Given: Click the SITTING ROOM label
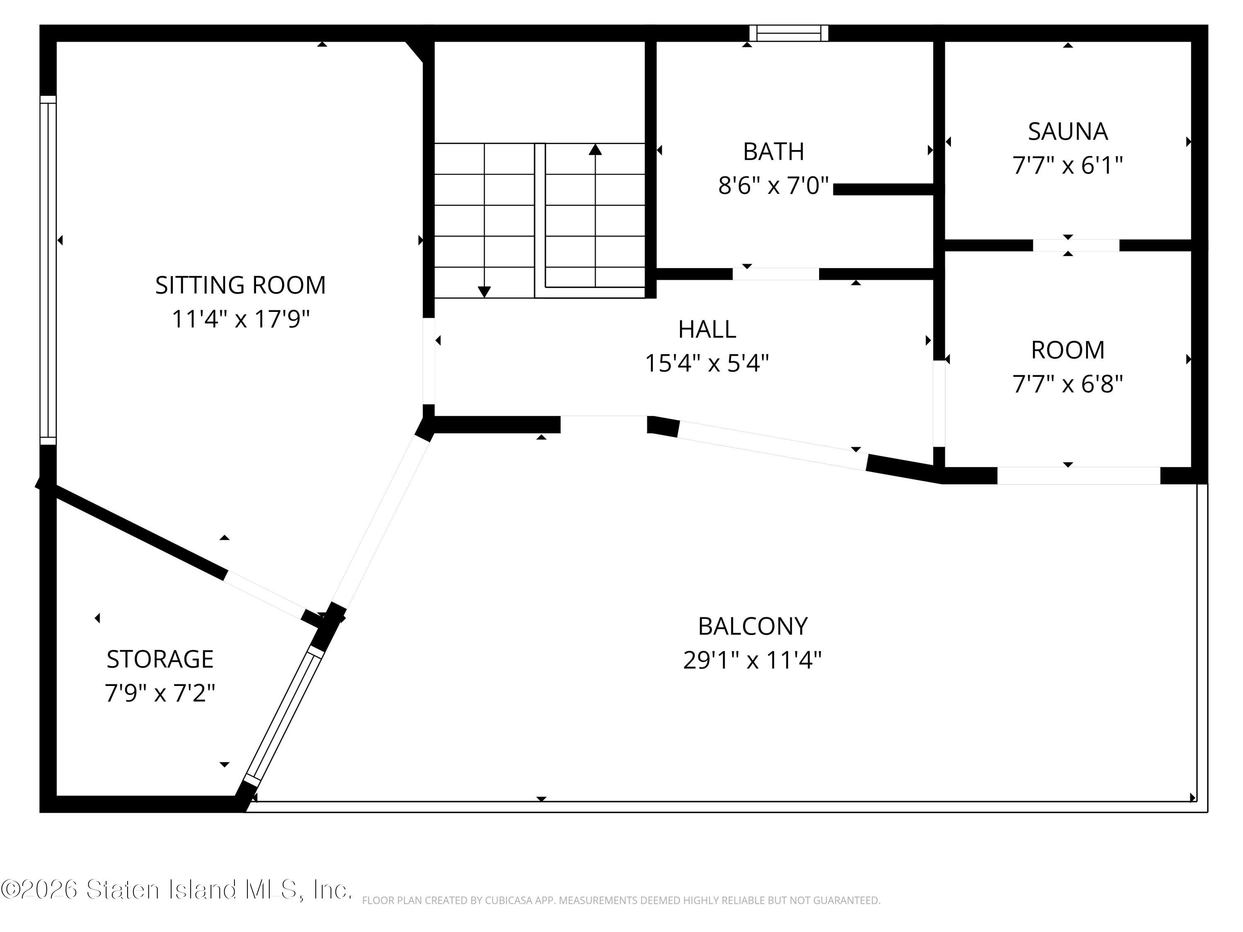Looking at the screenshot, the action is click(240, 285).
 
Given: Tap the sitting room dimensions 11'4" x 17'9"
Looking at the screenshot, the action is click(240, 319).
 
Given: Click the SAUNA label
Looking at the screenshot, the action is click(1068, 131).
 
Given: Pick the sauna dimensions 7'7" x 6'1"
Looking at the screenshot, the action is click(1068, 165).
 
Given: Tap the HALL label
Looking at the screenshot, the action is click(707, 329).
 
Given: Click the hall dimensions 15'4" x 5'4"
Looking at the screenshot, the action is click(707, 363).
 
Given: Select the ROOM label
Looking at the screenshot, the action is click(1068, 350).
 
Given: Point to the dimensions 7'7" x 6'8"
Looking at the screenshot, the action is click(1068, 384).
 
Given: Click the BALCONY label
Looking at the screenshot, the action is click(753, 626).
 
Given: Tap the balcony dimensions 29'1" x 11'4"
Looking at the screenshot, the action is click(753, 659).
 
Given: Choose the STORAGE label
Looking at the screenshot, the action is click(160, 659).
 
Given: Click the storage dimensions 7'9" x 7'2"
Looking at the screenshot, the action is click(160, 693).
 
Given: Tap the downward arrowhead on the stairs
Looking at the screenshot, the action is click(484, 292).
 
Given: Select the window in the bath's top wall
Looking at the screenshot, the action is click(789, 33).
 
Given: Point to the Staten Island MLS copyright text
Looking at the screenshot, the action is click(176, 890).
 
